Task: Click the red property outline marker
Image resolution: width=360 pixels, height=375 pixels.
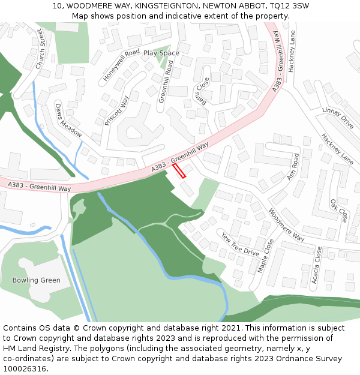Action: tap(179, 171)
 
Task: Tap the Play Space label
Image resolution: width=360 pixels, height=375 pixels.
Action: tap(161, 53)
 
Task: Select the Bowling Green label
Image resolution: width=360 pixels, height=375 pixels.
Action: tap(36, 280)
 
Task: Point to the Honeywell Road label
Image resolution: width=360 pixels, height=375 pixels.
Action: tap(121, 65)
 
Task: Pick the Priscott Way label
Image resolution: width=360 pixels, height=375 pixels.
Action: tap(116, 110)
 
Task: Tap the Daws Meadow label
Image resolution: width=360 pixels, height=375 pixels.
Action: tap(68, 120)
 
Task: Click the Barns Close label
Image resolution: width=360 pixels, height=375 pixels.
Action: tap(202, 91)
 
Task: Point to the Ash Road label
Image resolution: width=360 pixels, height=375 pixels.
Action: tap(293, 166)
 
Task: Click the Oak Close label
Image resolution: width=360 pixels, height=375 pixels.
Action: tap(339, 211)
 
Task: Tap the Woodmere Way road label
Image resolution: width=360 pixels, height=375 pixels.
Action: tap(286, 224)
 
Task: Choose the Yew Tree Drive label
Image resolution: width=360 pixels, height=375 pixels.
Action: tap(240, 244)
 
